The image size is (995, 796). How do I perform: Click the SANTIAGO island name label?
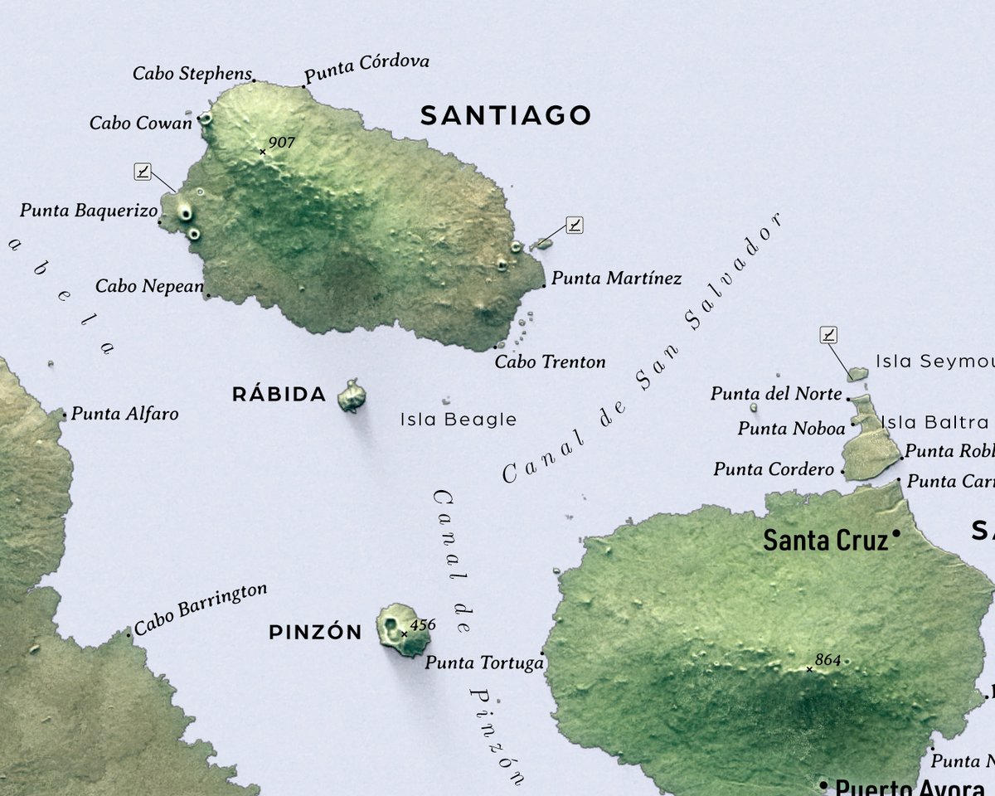pyautogui.click(x=505, y=115)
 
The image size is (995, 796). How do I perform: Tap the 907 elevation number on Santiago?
pyautogui.click(x=282, y=143)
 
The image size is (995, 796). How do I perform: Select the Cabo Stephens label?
pyautogui.click(x=192, y=74)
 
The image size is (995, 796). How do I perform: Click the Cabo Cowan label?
pyautogui.click(x=140, y=123)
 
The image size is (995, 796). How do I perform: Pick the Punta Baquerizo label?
pyautogui.click(x=88, y=211)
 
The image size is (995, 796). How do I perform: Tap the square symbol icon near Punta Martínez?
pyautogui.click(x=574, y=224)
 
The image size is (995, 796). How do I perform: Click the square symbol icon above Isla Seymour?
pyautogui.click(x=828, y=335)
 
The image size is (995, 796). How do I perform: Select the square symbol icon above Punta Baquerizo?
pyautogui.click(x=143, y=172)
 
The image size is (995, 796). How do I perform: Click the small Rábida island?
pyautogui.click(x=352, y=396)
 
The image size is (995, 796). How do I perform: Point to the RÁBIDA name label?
pyautogui.click(x=279, y=395)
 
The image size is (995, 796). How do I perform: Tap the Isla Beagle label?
pyautogui.click(x=458, y=420)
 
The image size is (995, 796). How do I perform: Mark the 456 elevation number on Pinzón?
pyautogui.click(x=422, y=624)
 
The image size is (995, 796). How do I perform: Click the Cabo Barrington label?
pyautogui.click(x=201, y=609)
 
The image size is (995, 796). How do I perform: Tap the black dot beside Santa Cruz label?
pyautogui.click(x=896, y=533)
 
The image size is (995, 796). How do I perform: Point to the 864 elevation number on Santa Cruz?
pyautogui.click(x=828, y=660)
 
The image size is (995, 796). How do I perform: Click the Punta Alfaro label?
pyautogui.click(x=124, y=413)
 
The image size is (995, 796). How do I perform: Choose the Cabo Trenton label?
pyautogui.click(x=550, y=362)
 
